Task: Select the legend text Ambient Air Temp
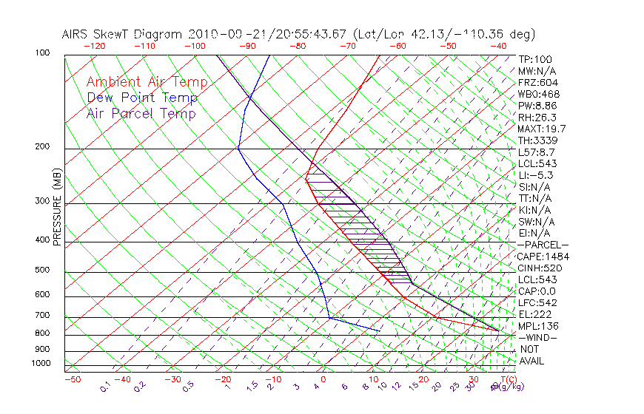click(147, 82)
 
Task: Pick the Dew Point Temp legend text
click(142, 98)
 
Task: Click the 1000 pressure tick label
click(41, 364)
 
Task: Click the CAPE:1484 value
click(543, 257)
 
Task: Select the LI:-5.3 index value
click(536, 175)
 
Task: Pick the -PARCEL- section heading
click(543, 245)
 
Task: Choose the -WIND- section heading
click(537, 337)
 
